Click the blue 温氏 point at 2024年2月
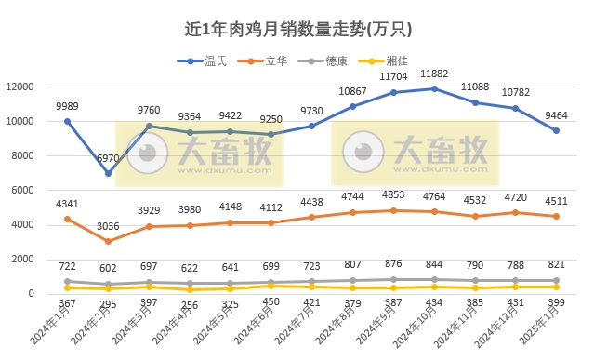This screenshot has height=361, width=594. click(x=109, y=173)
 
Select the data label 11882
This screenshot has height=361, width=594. click(x=434, y=74)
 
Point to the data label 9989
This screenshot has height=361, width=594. click(x=67, y=107)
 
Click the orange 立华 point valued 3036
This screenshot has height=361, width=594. click(x=109, y=241)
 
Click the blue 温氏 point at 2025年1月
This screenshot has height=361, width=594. click(x=556, y=130)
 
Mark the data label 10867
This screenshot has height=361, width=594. click(x=352, y=91)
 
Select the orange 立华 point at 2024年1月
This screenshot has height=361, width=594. click(x=68, y=219)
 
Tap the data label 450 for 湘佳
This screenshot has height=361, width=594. click(x=271, y=302)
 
